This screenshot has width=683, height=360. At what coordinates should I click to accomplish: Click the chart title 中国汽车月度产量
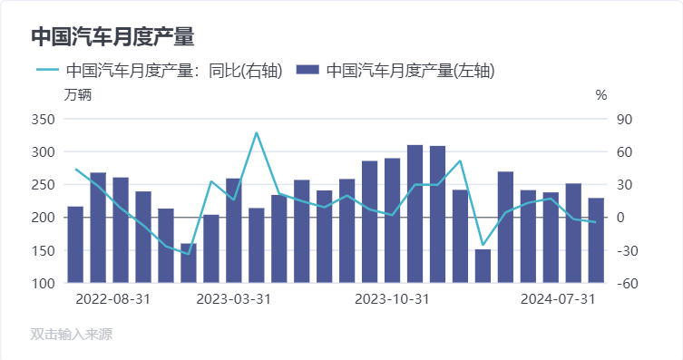pos(112,37)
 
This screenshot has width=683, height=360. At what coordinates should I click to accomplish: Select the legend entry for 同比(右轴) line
pos(160,70)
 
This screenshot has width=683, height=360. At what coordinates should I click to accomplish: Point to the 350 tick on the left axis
pos(44,119)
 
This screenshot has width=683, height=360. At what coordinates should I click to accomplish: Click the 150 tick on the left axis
pos(44,250)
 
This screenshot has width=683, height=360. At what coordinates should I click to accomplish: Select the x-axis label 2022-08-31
pos(113,298)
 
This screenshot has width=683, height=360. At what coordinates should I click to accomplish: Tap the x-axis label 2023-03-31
pos(233,298)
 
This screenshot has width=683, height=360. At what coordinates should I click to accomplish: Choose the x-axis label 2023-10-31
pos(392,298)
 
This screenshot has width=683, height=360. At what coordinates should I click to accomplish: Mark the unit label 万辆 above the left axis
pos(78,94)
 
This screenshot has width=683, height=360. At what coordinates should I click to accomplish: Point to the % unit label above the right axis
pos(601,94)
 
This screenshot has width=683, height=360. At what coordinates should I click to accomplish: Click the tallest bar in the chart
pos(415,214)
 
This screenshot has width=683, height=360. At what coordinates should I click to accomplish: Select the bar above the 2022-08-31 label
pos(98,228)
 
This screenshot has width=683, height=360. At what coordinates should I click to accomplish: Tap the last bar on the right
pos(596,240)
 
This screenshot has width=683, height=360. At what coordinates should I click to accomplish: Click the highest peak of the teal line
pos(257,132)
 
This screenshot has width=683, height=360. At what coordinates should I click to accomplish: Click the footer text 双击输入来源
pos(72,335)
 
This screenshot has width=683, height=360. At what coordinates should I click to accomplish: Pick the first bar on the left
pos(75,245)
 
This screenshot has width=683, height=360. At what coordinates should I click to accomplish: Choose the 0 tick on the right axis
pos(621,218)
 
